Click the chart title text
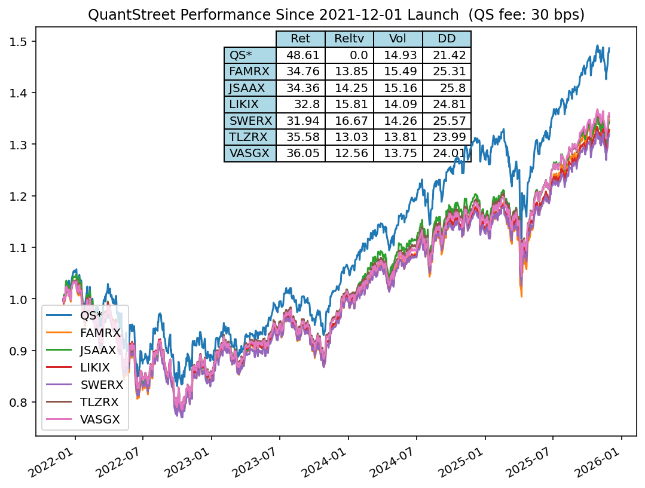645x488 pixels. [x=336, y=14]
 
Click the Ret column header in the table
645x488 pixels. [x=300, y=39]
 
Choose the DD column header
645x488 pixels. [x=447, y=39]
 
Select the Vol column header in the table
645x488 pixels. [x=398, y=39]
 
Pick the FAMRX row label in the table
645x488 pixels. [x=250, y=72]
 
